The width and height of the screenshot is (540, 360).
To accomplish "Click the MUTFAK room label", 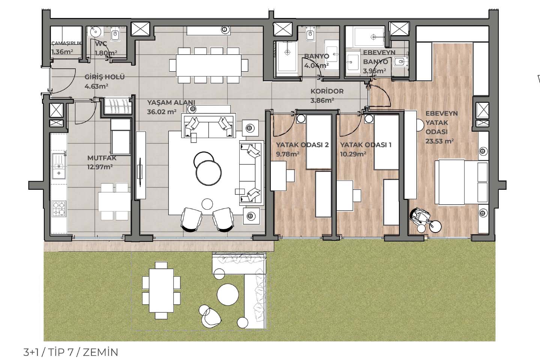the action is (x=102, y=158).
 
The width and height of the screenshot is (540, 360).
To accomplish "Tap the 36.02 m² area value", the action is (x=162, y=112).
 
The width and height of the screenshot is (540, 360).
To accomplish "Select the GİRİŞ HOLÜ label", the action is (x=105, y=77).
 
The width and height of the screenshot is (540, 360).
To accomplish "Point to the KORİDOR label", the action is (x=327, y=91).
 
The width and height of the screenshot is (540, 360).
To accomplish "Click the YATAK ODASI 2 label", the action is (x=302, y=145).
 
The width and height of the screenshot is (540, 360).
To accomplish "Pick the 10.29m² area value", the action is (x=353, y=154).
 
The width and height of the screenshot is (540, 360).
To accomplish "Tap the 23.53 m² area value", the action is (x=440, y=141).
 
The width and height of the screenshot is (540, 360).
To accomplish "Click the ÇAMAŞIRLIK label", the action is (x=66, y=43).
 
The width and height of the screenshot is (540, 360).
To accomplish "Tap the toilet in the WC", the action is (x=115, y=36).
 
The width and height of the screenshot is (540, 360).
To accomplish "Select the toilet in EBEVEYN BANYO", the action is (x=400, y=63).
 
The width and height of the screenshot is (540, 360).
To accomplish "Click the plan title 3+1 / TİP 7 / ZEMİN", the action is (x=70, y=352).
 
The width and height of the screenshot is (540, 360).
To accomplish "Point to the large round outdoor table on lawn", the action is (x=228, y=294).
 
